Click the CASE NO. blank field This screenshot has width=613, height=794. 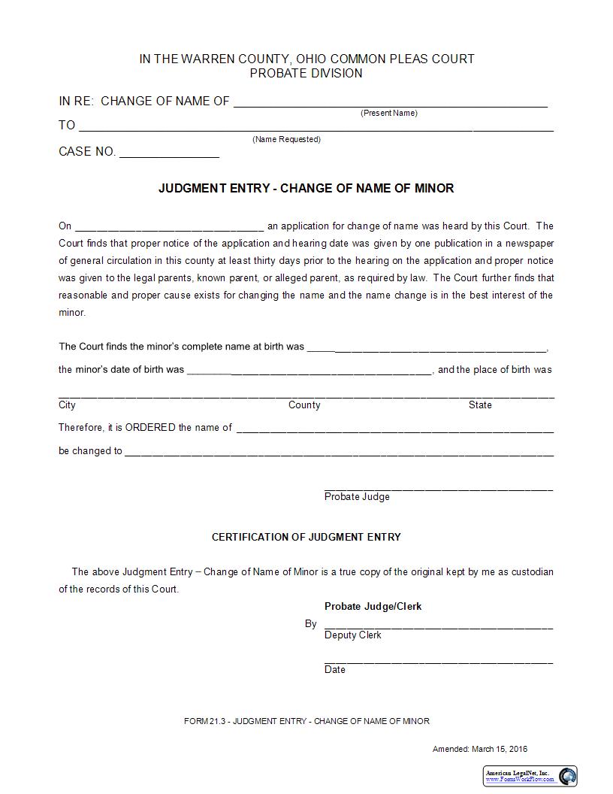point(169,153)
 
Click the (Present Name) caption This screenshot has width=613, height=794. point(388,113)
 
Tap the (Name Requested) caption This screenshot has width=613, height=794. point(286,139)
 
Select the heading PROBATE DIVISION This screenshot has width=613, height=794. point(306,73)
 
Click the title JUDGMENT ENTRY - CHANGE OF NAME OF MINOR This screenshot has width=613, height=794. point(306,188)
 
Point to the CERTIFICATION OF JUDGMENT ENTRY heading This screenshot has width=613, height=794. point(306,537)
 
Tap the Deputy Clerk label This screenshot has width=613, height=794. point(352,635)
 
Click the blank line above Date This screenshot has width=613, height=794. point(438,661)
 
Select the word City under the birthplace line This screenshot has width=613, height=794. point(67,405)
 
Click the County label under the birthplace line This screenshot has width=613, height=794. point(304,405)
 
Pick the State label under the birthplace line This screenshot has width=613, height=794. point(480,405)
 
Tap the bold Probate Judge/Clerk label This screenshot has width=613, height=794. point(373,606)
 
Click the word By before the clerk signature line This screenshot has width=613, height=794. point(310,624)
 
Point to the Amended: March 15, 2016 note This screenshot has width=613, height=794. point(480,749)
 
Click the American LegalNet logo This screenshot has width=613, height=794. point(530,776)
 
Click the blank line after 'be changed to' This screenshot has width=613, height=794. point(339,453)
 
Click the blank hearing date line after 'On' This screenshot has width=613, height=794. point(169,227)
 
